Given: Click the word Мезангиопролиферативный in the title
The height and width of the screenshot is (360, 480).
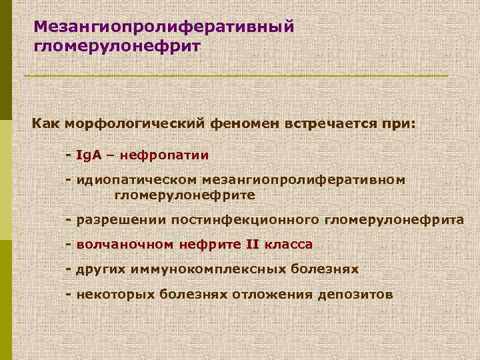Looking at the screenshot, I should (163, 27).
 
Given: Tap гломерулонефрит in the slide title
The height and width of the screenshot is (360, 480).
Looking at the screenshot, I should (115, 47).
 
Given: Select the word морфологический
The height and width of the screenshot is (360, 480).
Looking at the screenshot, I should (144, 124).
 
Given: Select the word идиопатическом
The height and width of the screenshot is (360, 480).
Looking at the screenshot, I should (136, 180).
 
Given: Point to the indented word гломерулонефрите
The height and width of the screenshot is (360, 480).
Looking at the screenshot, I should (185, 196).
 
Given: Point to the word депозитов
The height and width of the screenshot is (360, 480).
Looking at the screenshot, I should (359, 294).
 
